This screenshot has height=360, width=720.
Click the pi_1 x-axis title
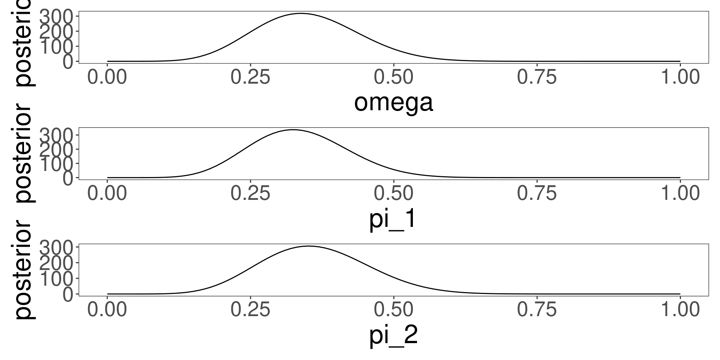pyautogui.click(x=393, y=219)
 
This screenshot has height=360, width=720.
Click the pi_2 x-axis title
pyautogui.click(x=393, y=336)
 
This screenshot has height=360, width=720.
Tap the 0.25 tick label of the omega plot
pyautogui.click(x=250, y=77)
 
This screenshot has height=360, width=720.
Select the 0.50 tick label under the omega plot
pyautogui.click(x=393, y=77)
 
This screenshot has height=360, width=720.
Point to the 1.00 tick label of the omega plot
pyautogui.click(x=679, y=77)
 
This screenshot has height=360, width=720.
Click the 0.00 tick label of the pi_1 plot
pyautogui.click(x=107, y=193)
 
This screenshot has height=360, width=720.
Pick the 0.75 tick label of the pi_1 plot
pyautogui.click(x=537, y=193)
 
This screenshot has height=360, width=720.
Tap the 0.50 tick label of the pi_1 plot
pyautogui.click(x=393, y=193)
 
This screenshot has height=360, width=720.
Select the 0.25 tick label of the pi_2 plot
pyautogui.click(x=250, y=310)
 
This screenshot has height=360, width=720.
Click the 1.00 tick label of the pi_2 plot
pyautogui.click(x=679, y=310)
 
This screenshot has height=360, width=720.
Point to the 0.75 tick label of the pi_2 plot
pyautogui.click(x=537, y=310)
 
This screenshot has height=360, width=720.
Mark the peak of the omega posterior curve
pyautogui.click(x=301, y=13)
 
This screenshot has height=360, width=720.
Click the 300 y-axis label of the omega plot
pyautogui.click(x=57, y=17)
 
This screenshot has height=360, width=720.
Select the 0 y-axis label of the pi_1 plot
pyautogui.click(x=69, y=178)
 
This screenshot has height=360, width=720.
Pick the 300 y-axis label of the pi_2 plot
pyautogui.click(x=57, y=248)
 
